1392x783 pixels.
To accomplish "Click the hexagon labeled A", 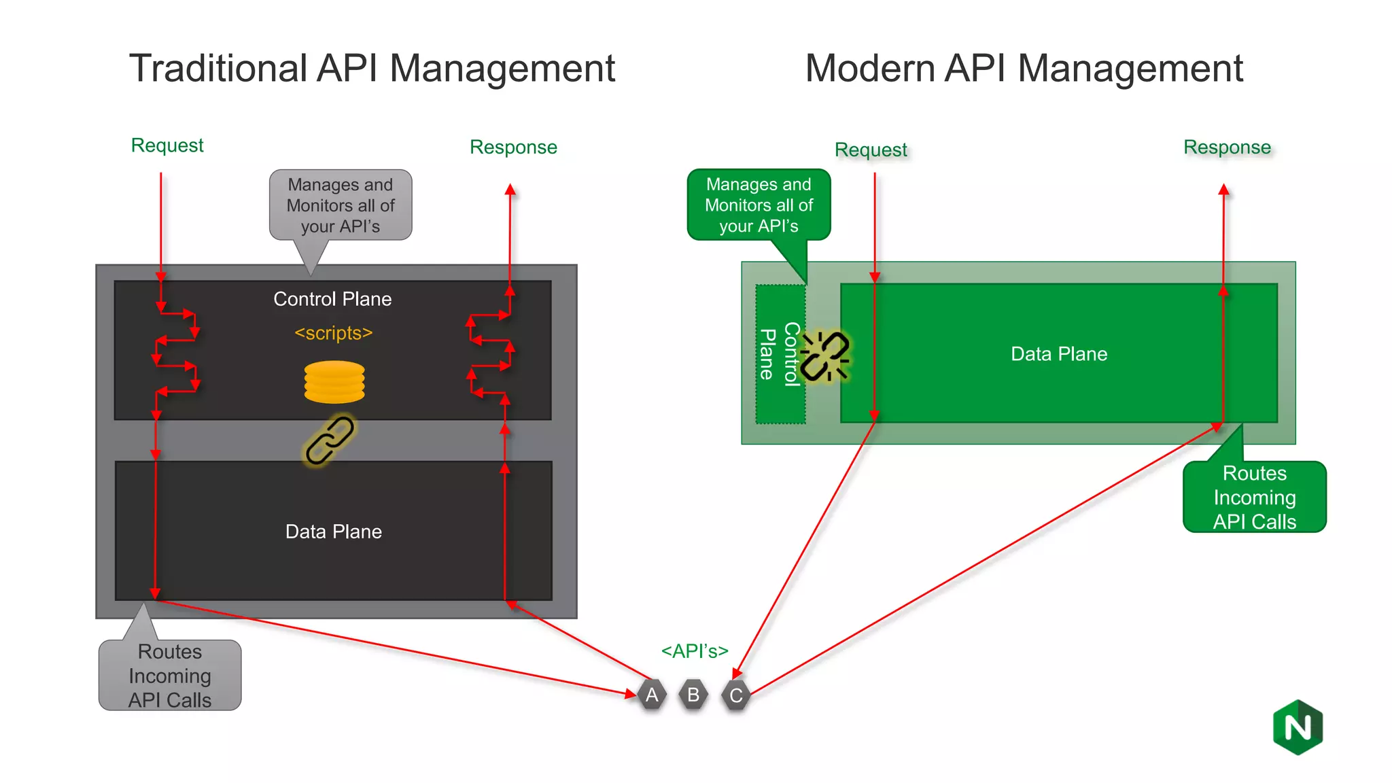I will pyautogui.click(x=652, y=695).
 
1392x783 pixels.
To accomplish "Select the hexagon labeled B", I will pyautogui.click(x=693, y=695).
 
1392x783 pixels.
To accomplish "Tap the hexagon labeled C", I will pyautogui.click(x=736, y=695).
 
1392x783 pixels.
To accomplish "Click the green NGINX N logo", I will pyautogui.click(x=1298, y=727).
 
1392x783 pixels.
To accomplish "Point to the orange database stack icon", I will pyautogui.click(x=334, y=382).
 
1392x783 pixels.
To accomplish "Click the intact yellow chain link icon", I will pyautogui.click(x=330, y=440).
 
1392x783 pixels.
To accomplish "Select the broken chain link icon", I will pyautogui.click(x=824, y=355).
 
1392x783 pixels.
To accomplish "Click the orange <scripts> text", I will pyautogui.click(x=333, y=333).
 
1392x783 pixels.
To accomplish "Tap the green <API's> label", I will pyautogui.click(x=694, y=650).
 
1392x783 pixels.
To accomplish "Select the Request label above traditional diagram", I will pyautogui.click(x=167, y=145).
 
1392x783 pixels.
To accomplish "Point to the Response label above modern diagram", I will pyautogui.click(x=1226, y=147).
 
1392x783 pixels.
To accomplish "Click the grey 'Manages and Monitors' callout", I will pyautogui.click(x=341, y=205).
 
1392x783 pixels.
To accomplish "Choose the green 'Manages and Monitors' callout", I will pyautogui.click(x=759, y=205).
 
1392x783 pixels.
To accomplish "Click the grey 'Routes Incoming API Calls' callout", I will pyautogui.click(x=170, y=675).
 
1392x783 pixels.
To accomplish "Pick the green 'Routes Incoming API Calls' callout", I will pyautogui.click(x=1254, y=497).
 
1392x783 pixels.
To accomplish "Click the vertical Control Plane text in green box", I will pyautogui.click(x=780, y=354).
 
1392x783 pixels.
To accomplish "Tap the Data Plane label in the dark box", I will pyautogui.click(x=333, y=532).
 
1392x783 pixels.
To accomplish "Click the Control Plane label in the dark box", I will pyautogui.click(x=332, y=299).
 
